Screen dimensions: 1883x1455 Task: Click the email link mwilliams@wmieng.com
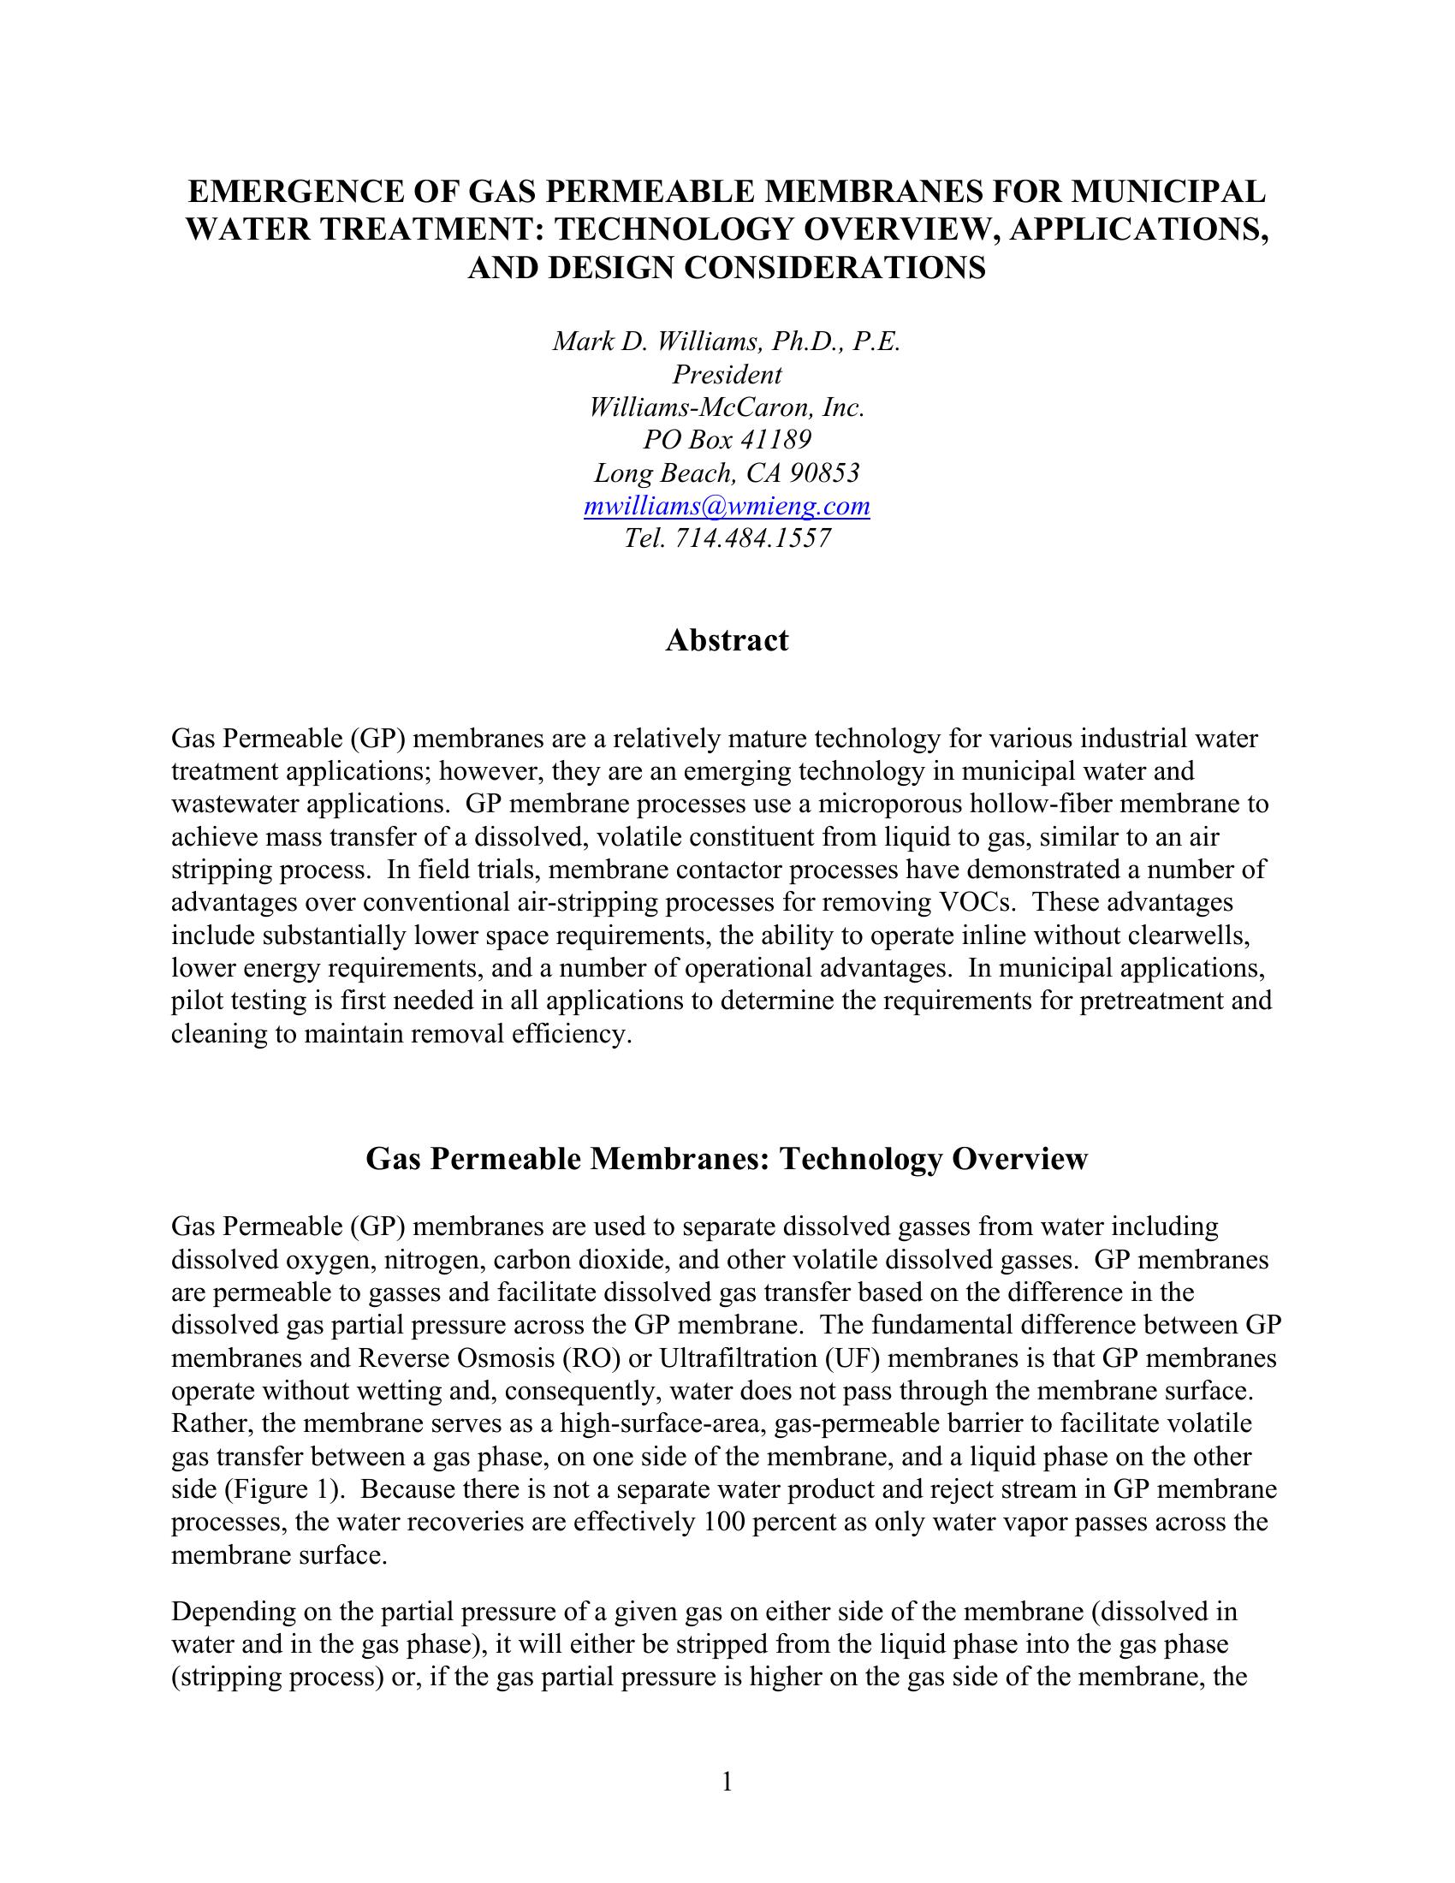727,506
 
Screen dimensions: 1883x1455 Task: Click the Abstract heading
727,640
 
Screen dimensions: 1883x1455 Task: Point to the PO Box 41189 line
727,441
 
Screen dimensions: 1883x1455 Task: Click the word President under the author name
727,375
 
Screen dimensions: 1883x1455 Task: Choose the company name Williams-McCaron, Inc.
727,407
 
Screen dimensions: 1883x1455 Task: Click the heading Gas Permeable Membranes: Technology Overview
727,1159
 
